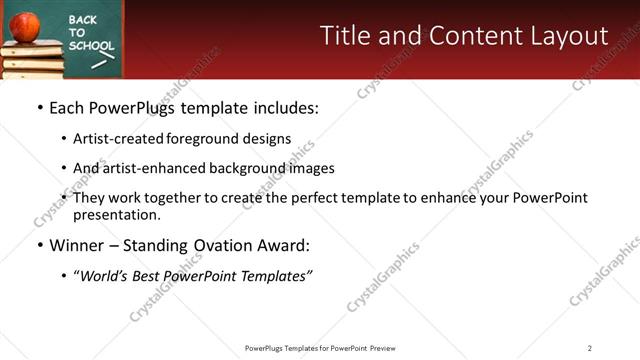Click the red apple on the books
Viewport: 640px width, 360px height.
coord(25,25)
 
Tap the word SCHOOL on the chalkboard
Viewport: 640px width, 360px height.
coord(89,45)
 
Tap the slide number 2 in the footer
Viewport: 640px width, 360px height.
coord(589,348)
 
